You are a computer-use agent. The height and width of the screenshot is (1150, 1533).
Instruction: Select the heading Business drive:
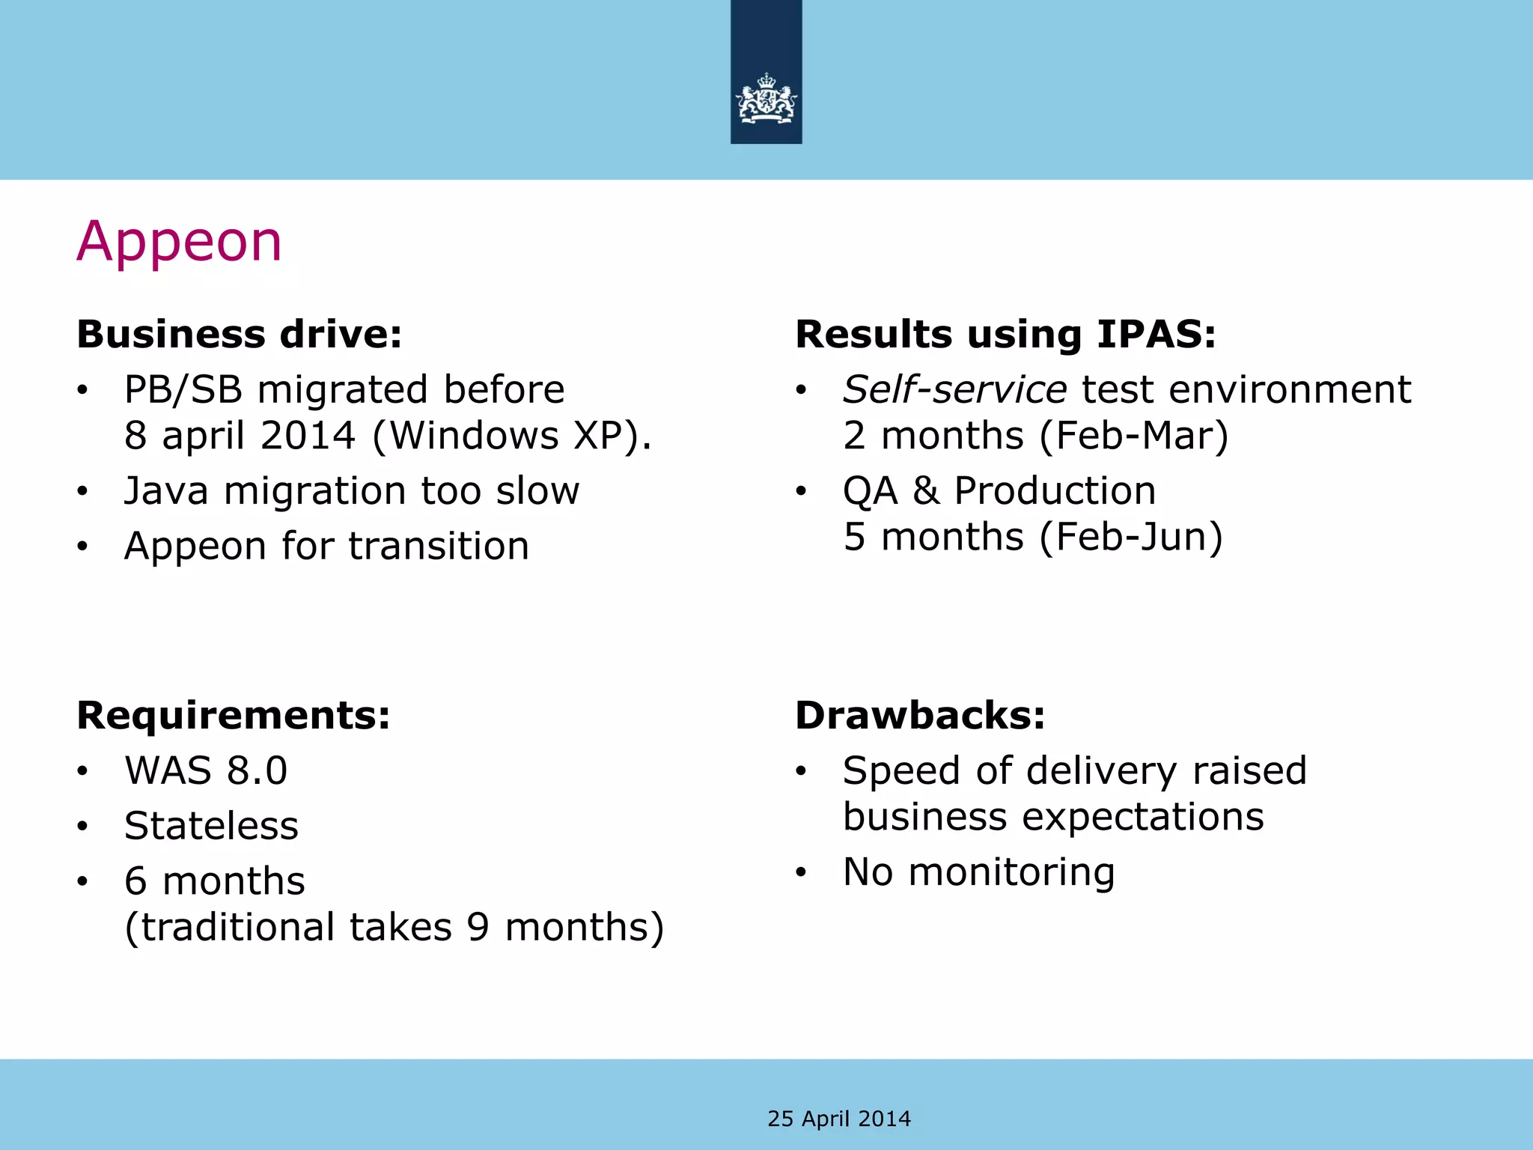pyautogui.click(x=240, y=334)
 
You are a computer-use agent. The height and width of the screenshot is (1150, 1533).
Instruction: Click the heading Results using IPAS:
pyautogui.click(x=1005, y=334)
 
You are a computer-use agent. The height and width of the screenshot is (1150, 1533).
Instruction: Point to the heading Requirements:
pyautogui.click(x=234, y=715)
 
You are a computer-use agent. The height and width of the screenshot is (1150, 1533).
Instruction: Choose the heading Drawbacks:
pyautogui.click(x=920, y=715)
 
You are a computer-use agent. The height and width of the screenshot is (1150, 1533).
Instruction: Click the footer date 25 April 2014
pyautogui.click(x=839, y=1119)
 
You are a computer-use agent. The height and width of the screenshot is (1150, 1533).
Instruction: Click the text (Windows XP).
pyautogui.click(x=512, y=436)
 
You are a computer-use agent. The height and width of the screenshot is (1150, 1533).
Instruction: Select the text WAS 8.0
pyautogui.click(x=206, y=770)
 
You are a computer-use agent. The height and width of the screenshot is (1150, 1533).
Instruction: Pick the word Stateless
pyautogui.click(x=212, y=826)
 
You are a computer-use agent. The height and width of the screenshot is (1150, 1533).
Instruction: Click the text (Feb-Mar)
pyautogui.click(x=1134, y=436)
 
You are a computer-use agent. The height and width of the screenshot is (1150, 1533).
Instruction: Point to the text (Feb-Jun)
pyautogui.click(x=1131, y=537)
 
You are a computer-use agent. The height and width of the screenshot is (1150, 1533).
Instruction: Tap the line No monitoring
pyautogui.click(x=978, y=871)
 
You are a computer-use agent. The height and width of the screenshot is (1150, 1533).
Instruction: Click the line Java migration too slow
pyautogui.click(x=352, y=491)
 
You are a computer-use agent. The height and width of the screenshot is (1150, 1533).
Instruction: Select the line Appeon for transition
pyautogui.click(x=326, y=546)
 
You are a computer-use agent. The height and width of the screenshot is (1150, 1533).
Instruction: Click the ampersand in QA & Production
pyautogui.click(x=925, y=491)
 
